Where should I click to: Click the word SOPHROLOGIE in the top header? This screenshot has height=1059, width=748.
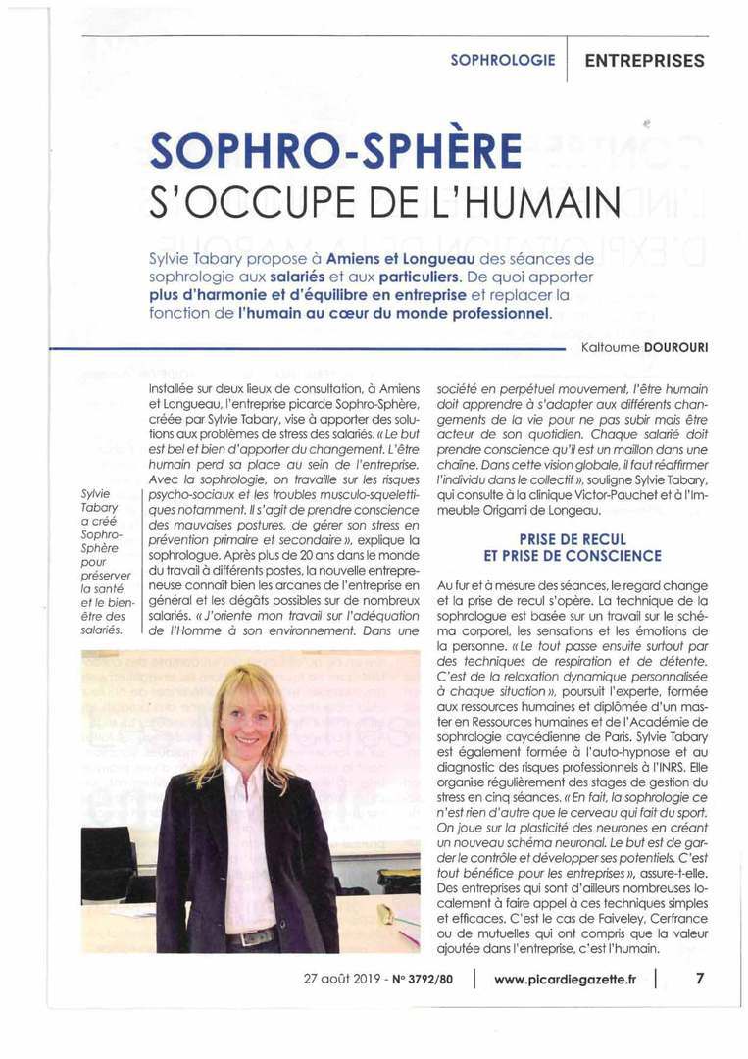[502, 60]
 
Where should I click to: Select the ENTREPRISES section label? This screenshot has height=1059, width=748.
[644, 60]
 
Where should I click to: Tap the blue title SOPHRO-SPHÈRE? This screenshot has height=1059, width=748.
[335, 149]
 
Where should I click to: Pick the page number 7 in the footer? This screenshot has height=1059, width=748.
[700, 978]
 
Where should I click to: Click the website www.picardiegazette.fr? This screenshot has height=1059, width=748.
[565, 979]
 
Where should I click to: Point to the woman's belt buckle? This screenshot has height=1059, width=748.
[238, 938]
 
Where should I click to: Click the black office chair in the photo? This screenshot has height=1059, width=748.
[108, 863]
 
